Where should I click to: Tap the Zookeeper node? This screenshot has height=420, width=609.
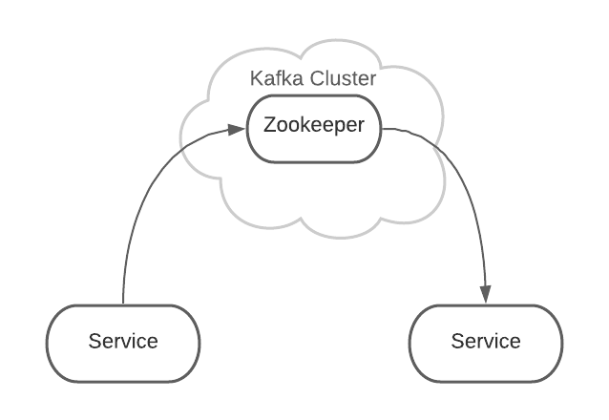[313, 127]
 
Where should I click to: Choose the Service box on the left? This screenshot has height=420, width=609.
[123, 341]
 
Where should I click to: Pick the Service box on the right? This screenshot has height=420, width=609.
[486, 341]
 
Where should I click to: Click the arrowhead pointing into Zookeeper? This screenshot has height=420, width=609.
[240, 128]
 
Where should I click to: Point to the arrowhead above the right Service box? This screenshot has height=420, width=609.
[486, 297]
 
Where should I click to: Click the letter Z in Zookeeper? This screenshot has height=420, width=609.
[270, 126]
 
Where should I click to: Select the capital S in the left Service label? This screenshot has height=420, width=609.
[94, 341]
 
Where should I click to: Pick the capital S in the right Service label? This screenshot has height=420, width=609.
[456, 341]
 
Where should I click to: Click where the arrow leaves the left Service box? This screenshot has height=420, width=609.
[123, 304]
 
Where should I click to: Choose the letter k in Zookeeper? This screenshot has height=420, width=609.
[304, 126]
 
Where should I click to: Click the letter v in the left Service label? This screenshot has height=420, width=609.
[127, 341]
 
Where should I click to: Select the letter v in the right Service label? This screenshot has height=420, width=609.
[490, 341]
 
